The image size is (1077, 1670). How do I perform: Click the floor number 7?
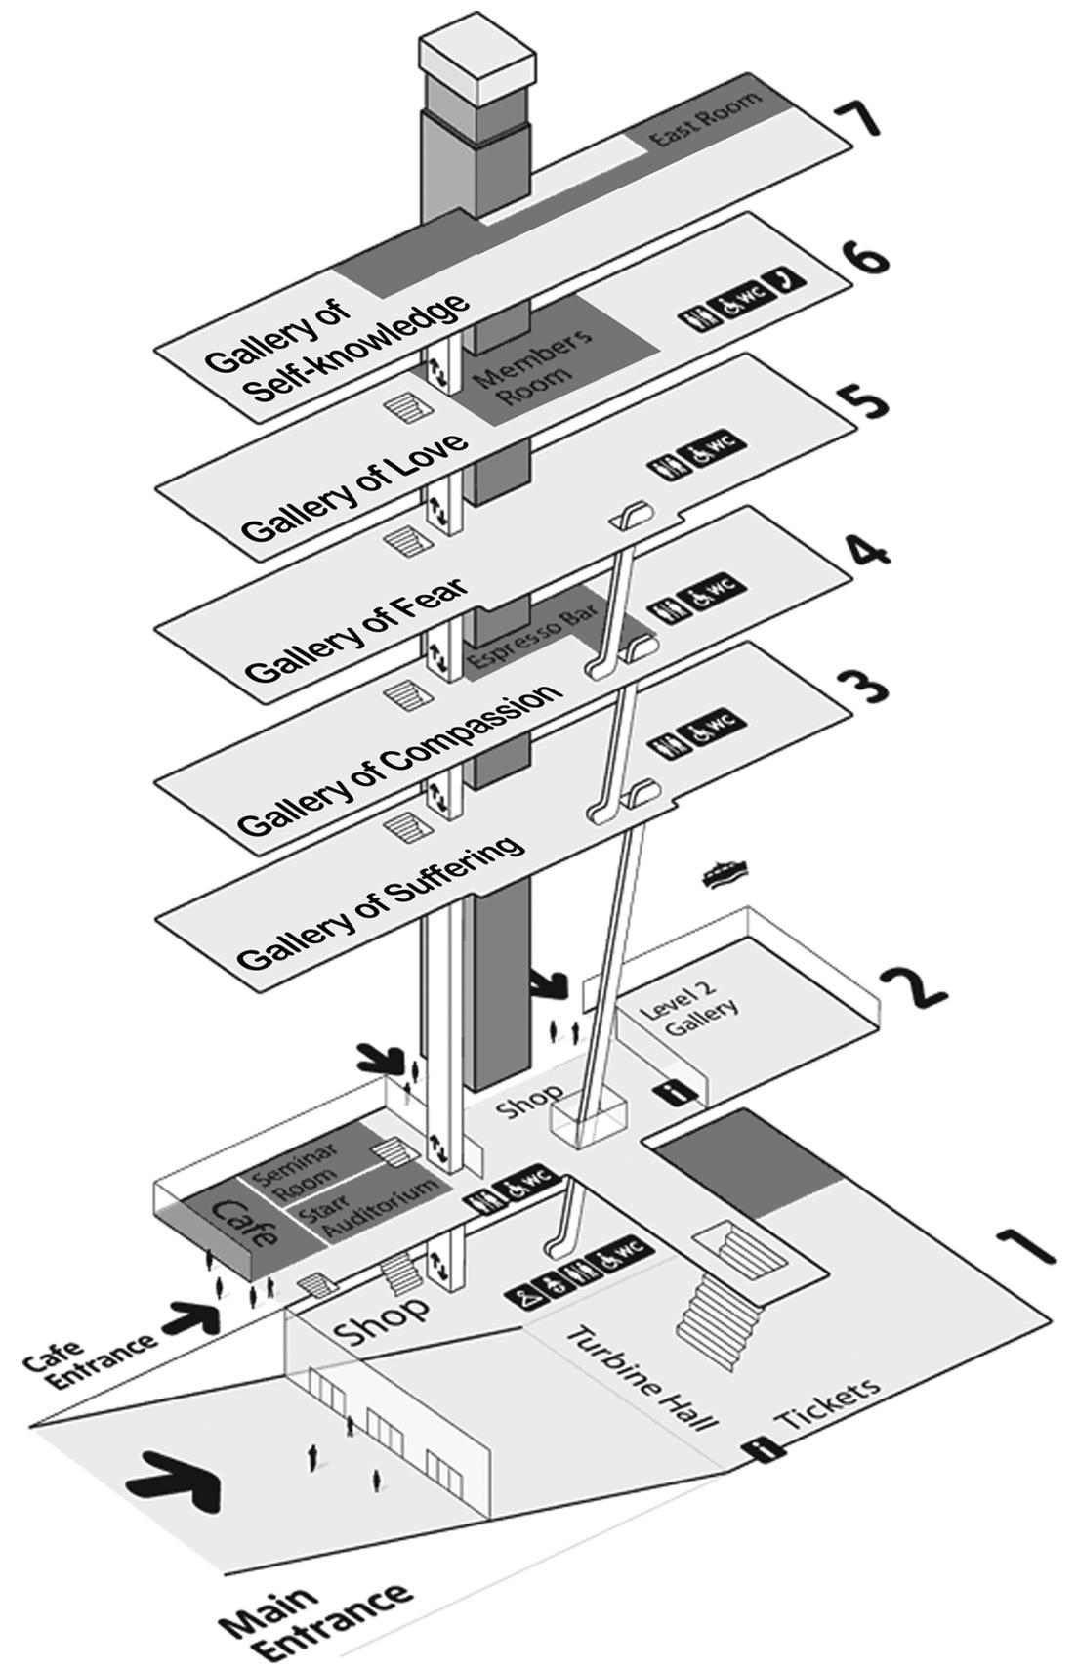pyautogui.click(x=857, y=118)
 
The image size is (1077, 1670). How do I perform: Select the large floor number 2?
pyautogui.click(x=912, y=985)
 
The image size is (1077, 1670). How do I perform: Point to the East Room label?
pyautogui.click(x=705, y=118)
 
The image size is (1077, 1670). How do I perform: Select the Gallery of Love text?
pyautogui.click(x=355, y=487)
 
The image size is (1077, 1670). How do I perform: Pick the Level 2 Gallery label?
pyautogui.click(x=690, y=1009)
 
